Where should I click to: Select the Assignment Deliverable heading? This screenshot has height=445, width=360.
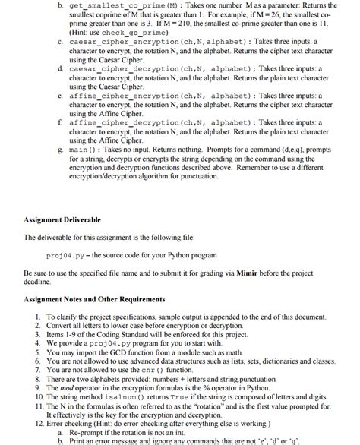[x=62, y=219]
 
